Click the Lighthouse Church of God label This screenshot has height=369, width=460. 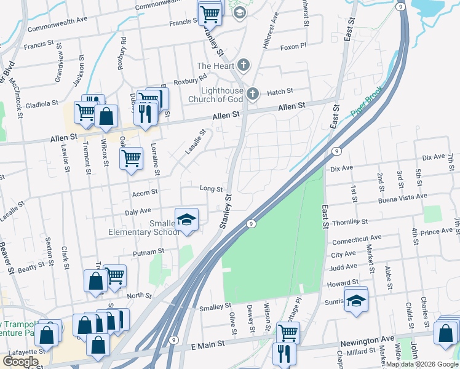[x=219, y=95]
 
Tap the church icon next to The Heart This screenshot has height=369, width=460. [x=244, y=65]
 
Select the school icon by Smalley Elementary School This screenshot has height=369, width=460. [x=186, y=220]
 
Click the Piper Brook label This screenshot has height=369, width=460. [x=366, y=103]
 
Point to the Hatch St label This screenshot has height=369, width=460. [x=280, y=93]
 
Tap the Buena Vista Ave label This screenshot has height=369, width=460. [x=405, y=196]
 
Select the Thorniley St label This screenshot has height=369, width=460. [x=351, y=221]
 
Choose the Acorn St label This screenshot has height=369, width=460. [x=145, y=193]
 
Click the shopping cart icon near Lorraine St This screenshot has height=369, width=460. [x=131, y=158]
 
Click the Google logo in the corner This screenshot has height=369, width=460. [x=20, y=362]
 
